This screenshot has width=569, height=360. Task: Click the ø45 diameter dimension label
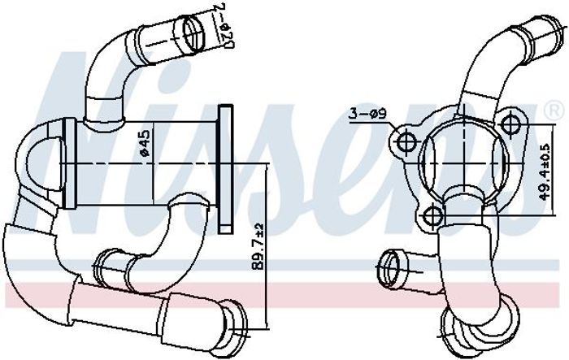[x=145, y=143]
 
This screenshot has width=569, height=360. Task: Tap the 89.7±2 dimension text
[x=258, y=245]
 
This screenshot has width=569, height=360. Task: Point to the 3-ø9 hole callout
[x=367, y=114]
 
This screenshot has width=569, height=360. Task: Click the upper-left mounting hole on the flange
[x=406, y=142]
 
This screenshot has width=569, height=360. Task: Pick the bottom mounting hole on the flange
[x=432, y=217]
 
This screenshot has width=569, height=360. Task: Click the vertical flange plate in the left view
[x=226, y=169]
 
